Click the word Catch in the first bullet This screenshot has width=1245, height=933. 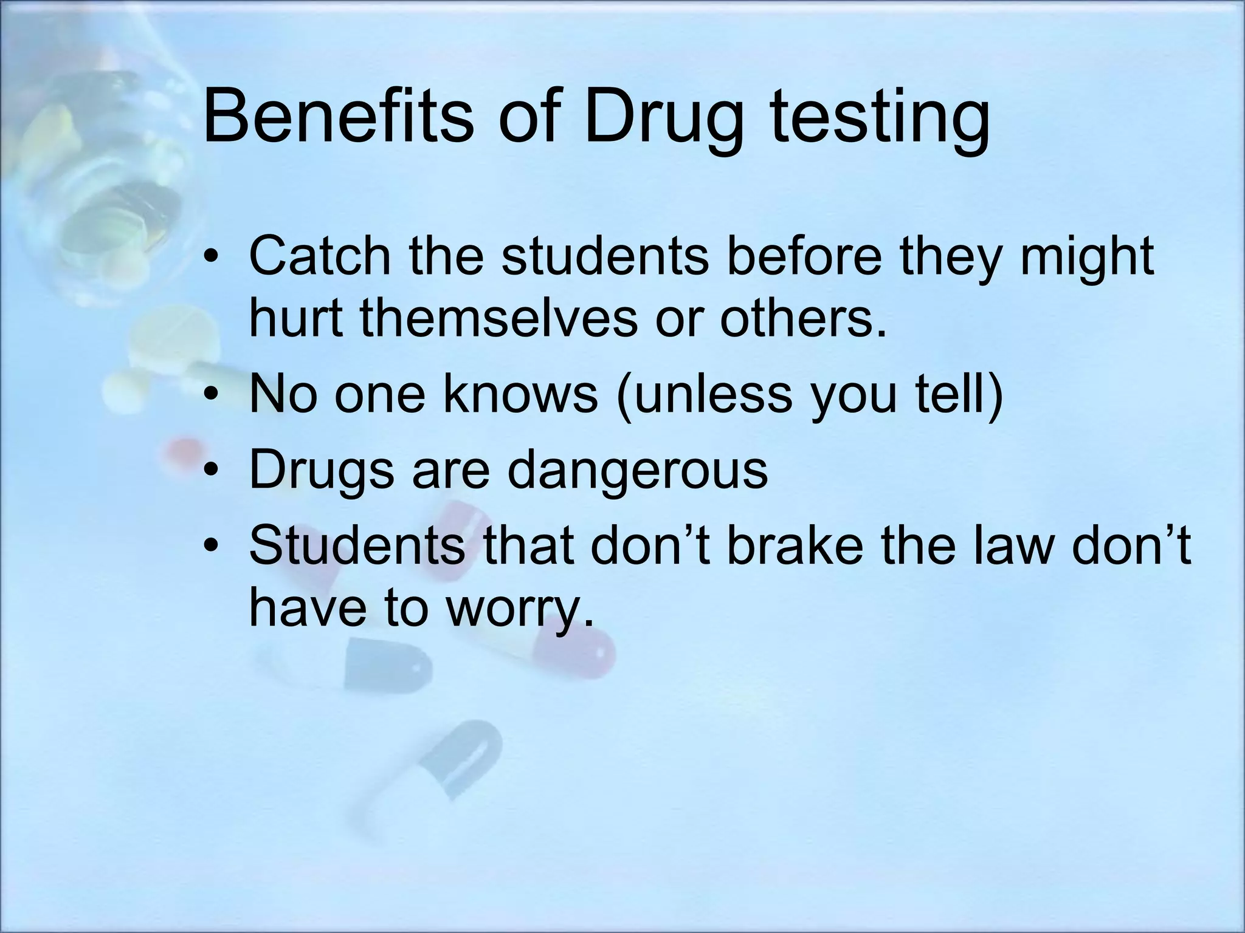pos(320,256)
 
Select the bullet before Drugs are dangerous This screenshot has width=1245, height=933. pos(211,471)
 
